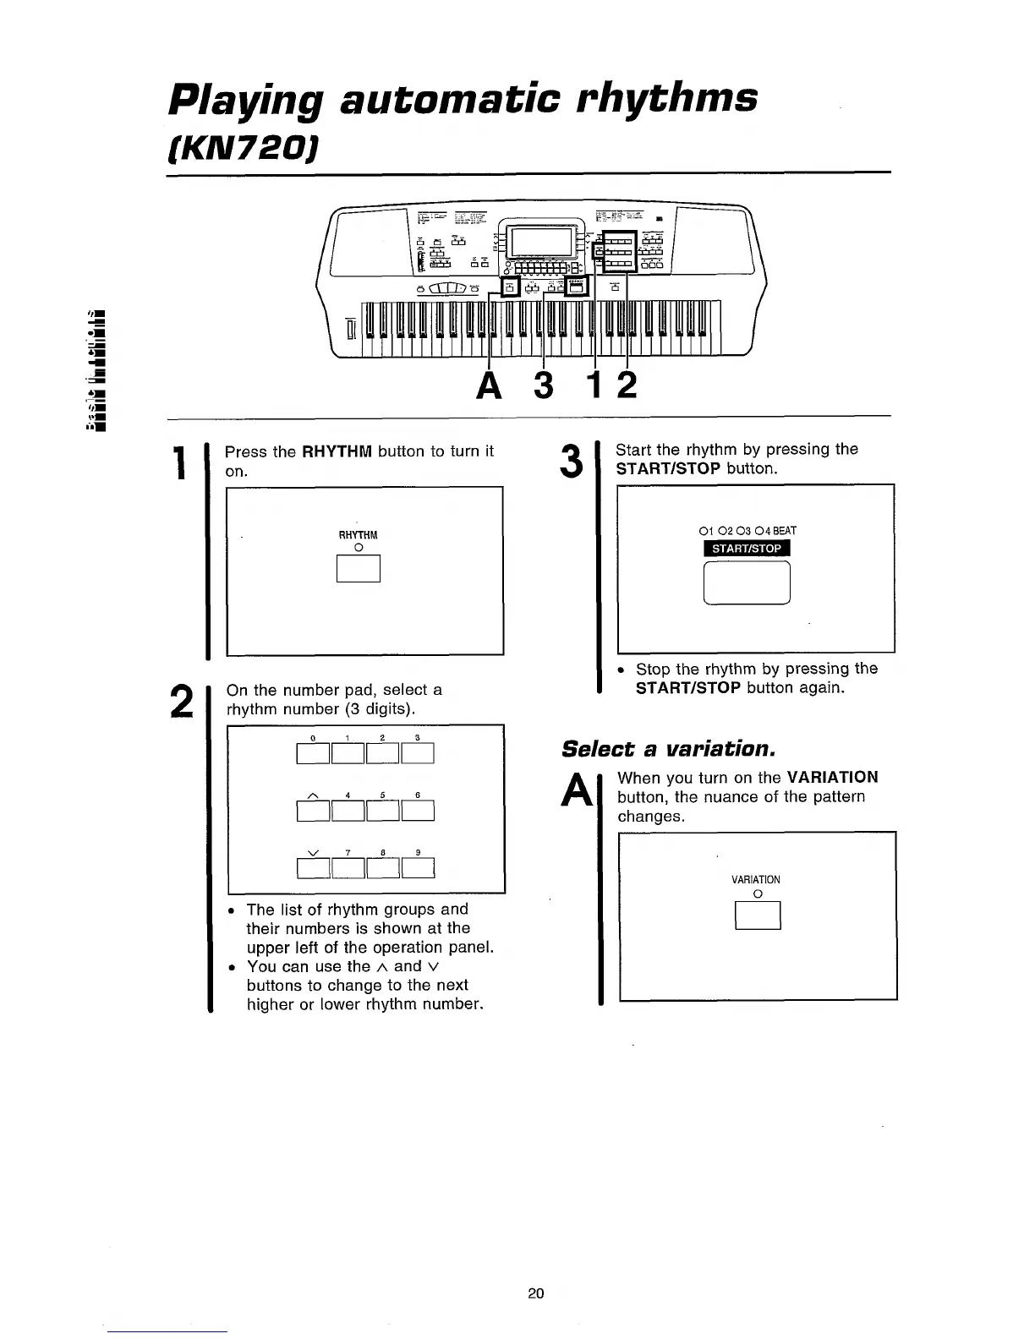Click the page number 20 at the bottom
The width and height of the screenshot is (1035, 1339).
(x=535, y=1293)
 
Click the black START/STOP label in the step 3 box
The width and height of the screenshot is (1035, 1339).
(x=746, y=549)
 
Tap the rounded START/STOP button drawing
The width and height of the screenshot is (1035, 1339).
(x=747, y=582)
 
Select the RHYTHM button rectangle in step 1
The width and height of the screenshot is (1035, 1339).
(x=359, y=568)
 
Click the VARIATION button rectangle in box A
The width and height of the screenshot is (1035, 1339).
(x=758, y=915)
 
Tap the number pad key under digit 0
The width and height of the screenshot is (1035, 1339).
(x=314, y=752)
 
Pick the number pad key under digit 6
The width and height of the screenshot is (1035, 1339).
(x=418, y=811)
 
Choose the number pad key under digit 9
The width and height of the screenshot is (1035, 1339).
(x=418, y=868)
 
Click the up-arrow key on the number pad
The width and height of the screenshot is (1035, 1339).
(x=314, y=811)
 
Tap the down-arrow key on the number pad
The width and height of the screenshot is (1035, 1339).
(x=314, y=868)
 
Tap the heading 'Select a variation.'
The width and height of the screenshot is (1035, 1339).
(x=668, y=749)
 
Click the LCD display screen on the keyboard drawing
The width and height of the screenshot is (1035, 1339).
(x=545, y=244)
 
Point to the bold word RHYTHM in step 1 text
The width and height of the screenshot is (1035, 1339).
(x=337, y=451)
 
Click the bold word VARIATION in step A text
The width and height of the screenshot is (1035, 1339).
(x=832, y=777)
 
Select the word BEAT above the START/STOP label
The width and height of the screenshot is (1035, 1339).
(x=785, y=531)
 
